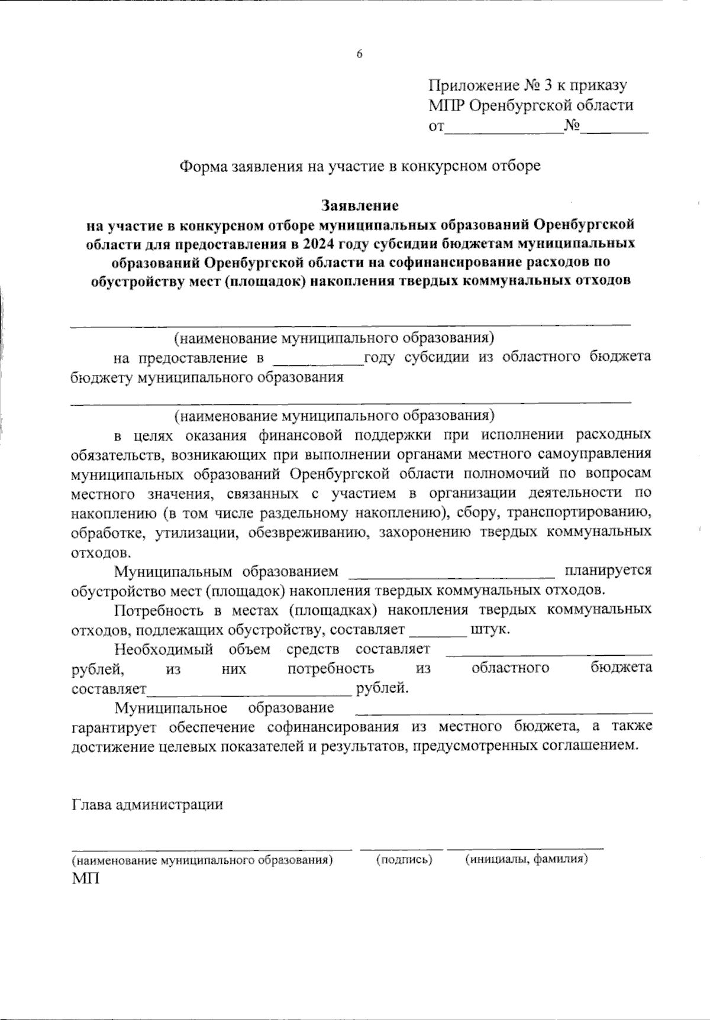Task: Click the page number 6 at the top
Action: tap(359, 54)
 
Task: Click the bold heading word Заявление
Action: tap(360, 205)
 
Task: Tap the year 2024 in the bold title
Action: tap(321, 243)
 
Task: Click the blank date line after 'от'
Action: tap(504, 132)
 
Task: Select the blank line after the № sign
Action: tap(615, 132)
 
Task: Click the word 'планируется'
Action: tap(608, 571)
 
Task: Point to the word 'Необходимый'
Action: tap(164, 649)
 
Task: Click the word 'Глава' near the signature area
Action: tap(92, 805)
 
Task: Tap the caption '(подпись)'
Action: tap(404, 860)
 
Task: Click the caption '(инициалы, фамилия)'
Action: tap(526, 860)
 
